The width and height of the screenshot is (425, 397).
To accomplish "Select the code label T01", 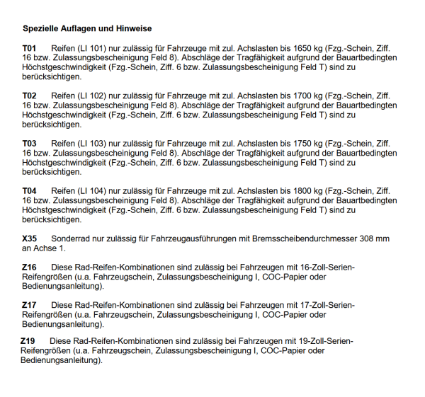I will (x=29, y=48).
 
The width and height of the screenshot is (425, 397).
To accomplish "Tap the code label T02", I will (x=29, y=96).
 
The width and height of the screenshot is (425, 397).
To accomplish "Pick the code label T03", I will (x=29, y=143).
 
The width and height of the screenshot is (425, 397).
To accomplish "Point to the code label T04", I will (x=29, y=191).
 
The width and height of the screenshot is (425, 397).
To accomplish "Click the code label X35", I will (x=30, y=239).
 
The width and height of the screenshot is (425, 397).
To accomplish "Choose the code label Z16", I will (x=29, y=267).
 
